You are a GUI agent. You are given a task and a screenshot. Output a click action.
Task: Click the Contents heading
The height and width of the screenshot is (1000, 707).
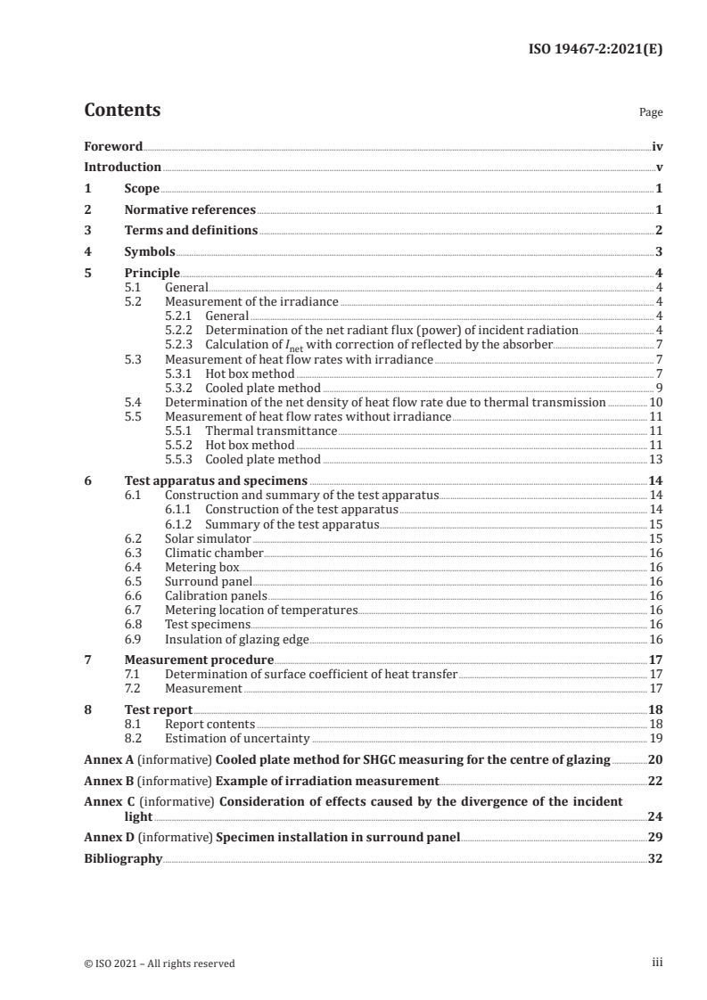[x=122, y=111]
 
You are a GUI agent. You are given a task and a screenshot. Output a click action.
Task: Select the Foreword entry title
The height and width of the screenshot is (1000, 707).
[x=113, y=146]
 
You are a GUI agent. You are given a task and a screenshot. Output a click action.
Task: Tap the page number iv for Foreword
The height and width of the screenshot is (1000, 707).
[x=657, y=146]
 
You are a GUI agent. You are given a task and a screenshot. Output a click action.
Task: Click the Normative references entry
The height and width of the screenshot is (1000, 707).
[x=190, y=210]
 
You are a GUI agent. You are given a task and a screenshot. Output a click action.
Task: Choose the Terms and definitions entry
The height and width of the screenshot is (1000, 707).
[x=191, y=231]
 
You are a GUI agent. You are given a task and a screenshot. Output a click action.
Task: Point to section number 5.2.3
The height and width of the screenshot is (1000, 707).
[x=182, y=344]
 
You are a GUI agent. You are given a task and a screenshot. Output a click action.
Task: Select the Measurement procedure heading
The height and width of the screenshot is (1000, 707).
[x=199, y=660]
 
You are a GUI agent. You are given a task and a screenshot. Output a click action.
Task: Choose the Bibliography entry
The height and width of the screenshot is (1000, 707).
[x=123, y=859]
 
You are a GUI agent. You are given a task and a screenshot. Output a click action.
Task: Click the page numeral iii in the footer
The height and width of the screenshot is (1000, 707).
[x=657, y=963]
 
